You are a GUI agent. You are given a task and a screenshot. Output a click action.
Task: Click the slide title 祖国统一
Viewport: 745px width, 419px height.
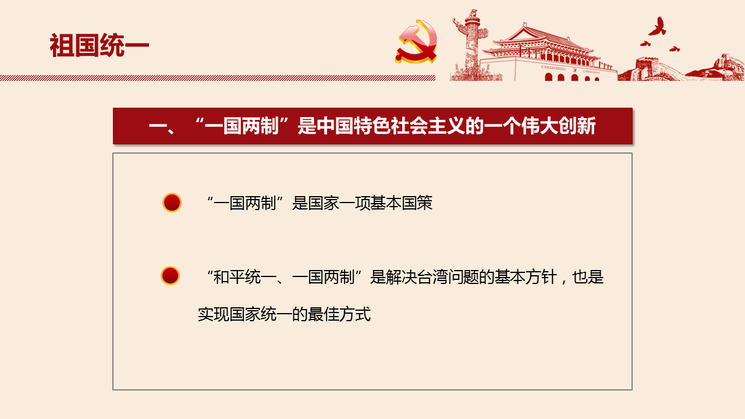pyautogui.click(x=99, y=45)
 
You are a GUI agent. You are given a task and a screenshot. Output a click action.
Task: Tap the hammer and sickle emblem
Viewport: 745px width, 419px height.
pyautogui.click(x=417, y=41)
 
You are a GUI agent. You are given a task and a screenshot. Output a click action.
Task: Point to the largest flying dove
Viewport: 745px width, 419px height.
pyautogui.click(x=657, y=27)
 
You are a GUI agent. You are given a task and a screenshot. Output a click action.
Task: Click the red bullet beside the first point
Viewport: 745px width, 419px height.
pyautogui.click(x=172, y=203)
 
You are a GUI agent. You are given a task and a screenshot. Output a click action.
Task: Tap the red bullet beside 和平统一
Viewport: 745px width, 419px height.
pyautogui.click(x=171, y=276)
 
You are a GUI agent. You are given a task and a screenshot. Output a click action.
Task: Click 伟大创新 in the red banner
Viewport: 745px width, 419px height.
pyautogui.click(x=558, y=126)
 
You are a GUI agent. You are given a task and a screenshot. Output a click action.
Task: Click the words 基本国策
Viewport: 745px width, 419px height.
pyautogui.click(x=401, y=203)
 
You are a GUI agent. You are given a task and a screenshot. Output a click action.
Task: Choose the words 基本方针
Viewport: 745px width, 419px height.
pyautogui.click(x=526, y=277)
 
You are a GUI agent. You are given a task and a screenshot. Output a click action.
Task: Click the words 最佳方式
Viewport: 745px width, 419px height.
pyautogui.click(x=339, y=314)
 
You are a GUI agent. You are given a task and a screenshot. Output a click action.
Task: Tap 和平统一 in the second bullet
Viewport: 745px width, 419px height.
pyautogui.click(x=245, y=277)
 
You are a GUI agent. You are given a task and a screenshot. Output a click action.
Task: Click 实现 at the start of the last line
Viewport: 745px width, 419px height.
pyautogui.click(x=214, y=314)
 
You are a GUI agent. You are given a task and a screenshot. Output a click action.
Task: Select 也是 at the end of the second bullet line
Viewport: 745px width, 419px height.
pyautogui.click(x=588, y=277)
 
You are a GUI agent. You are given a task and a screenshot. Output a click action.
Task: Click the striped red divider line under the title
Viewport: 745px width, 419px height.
pyautogui.click(x=218, y=78)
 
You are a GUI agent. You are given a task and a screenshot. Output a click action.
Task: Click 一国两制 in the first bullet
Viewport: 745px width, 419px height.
pyautogui.click(x=245, y=203)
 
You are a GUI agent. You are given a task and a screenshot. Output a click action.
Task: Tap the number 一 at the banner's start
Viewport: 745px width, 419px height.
pyautogui.click(x=158, y=126)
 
